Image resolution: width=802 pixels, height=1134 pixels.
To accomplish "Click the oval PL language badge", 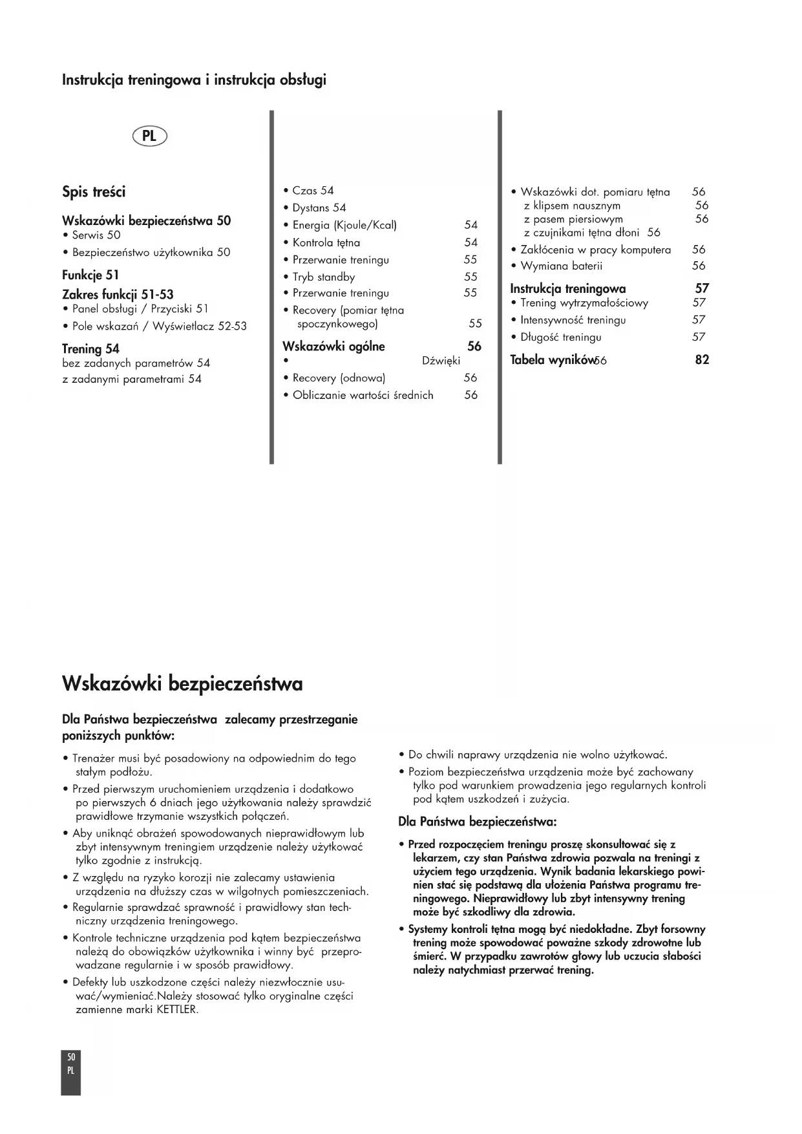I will tap(149, 136).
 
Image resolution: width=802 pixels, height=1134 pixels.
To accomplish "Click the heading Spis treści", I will tap(94, 192).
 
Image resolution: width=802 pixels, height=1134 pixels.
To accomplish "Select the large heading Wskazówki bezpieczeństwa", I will tap(182, 683).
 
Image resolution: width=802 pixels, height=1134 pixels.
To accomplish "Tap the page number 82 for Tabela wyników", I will tap(702, 360).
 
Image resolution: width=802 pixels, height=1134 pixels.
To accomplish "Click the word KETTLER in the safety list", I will tap(177, 1009).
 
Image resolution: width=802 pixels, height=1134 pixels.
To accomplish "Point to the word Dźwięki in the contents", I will tap(441, 361).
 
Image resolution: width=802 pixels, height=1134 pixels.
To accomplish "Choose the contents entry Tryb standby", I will tap(323, 277).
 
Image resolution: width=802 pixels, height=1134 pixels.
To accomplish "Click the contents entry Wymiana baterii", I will tap(561, 266).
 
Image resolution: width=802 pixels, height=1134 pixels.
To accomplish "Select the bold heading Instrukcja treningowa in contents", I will tap(568, 288).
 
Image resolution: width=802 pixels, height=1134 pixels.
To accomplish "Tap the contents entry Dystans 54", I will tap(319, 208).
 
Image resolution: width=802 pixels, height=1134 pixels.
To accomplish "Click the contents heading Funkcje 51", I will tap(90, 275).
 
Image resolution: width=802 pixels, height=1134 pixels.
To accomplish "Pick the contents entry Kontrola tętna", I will tap(326, 242).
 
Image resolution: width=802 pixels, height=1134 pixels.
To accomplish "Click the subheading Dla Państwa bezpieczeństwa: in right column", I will tap(478, 822).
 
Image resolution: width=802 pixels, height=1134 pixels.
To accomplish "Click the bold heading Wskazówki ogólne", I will tap(333, 347).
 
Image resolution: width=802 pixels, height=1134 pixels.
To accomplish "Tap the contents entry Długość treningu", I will tap(560, 337).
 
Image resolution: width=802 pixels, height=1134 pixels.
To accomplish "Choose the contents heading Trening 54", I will tap(90, 349).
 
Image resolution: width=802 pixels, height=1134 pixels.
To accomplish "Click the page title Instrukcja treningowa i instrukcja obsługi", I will tap(194, 80).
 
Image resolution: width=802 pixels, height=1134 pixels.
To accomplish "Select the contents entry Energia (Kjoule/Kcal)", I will tap(344, 225).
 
